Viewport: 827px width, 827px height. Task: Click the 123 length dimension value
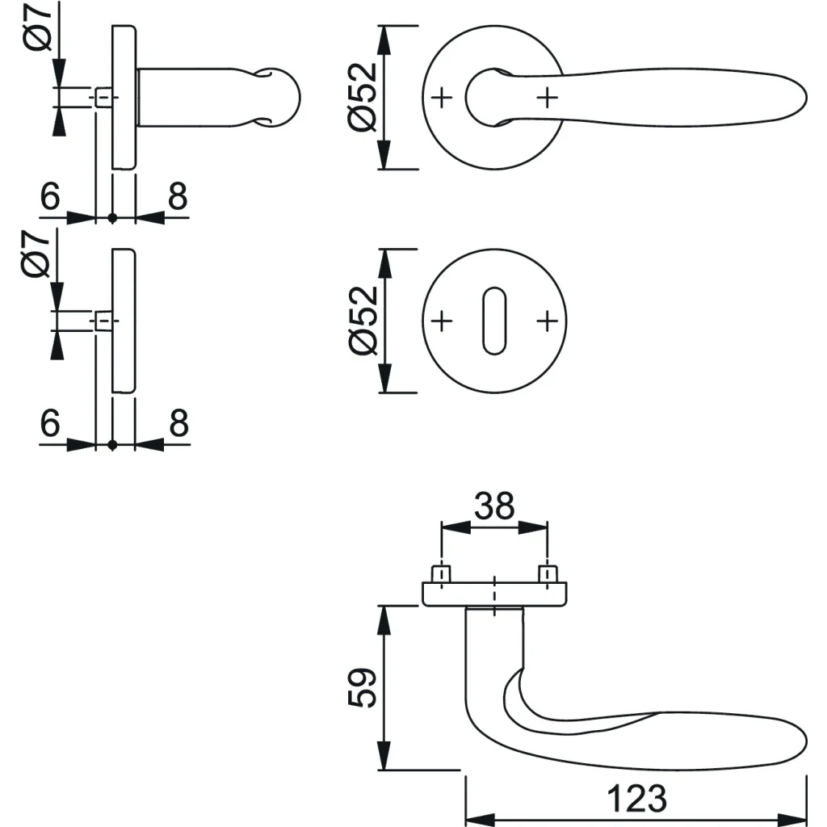click(x=636, y=799)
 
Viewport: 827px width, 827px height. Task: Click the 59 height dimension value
click(x=363, y=688)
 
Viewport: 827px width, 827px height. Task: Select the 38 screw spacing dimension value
click(x=494, y=506)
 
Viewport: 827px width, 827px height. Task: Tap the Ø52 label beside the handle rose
click(x=363, y=98)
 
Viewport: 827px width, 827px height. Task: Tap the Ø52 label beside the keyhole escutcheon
click(x=363, y=321)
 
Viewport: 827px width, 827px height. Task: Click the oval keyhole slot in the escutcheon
click(x=494, y=321)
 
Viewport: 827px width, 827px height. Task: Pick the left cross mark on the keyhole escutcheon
click(x=442, y=321)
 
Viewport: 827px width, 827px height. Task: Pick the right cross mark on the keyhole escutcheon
click(x=547, y=321)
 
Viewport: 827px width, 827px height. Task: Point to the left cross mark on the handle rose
click(x=442, y=98)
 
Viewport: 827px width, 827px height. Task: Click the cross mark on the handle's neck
click(x=547, y=98)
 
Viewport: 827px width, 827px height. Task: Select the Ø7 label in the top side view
click(x=38, y=27)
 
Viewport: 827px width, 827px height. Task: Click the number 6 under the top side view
click(x=50, y=196)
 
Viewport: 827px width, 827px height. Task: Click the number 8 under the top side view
click(x=178, y=196)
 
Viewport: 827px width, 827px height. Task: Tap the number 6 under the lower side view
click(x=50, y=423)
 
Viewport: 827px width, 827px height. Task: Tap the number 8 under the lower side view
click(x=178, y=423)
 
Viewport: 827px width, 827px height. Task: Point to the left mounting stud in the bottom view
click(x=441, y=574)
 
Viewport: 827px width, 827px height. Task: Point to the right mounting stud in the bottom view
click(x=548, y=574)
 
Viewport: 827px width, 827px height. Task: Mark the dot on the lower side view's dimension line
click(x=112, y=445)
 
